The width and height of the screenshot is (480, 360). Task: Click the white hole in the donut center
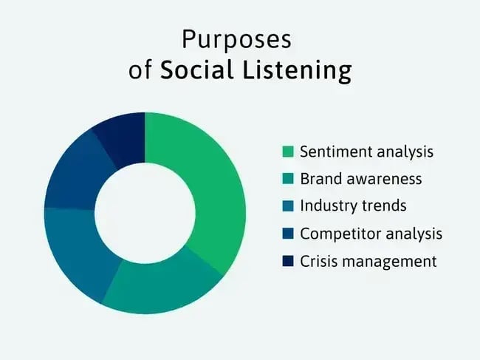[x=145, y=213]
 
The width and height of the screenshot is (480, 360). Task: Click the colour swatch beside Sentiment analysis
[x=287, y=152]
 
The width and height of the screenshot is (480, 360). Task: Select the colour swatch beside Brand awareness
[x=287, y=179]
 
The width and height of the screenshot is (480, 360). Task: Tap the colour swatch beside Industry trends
[x=287, y=206]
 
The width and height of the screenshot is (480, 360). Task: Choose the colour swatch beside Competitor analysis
[x=287, y=234]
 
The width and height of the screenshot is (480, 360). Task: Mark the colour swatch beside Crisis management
[x=287, y=261]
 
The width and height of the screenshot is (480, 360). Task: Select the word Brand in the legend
[x=320, y=179]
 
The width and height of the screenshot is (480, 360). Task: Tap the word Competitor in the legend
[x=337, y=234]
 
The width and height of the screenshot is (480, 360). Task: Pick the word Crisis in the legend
[x=318, y=261]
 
